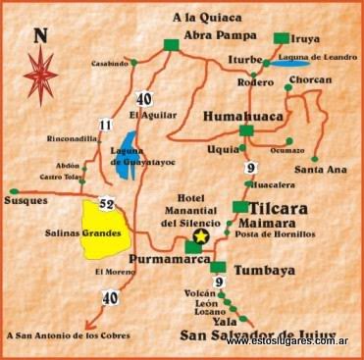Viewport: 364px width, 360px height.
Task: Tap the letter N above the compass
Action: click(x=40, y=37)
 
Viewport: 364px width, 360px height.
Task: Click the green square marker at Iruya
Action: click(x=282, y=38)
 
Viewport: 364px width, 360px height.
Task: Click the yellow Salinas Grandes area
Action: click(x=108, y=229)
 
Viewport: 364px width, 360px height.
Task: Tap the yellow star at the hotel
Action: click(x=202, y=237)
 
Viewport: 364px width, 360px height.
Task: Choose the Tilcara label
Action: click(x=283, y=209)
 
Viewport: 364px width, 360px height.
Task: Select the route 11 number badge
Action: click(x=105, y=125)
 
